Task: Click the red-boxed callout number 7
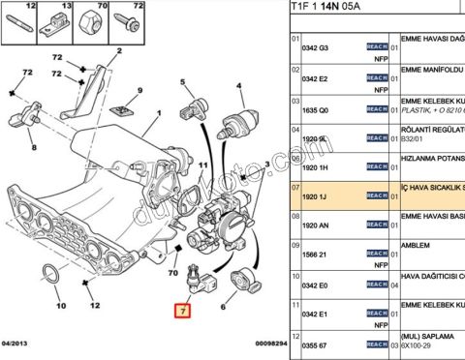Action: [181, 312]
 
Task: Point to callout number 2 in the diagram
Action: [118, 49]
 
